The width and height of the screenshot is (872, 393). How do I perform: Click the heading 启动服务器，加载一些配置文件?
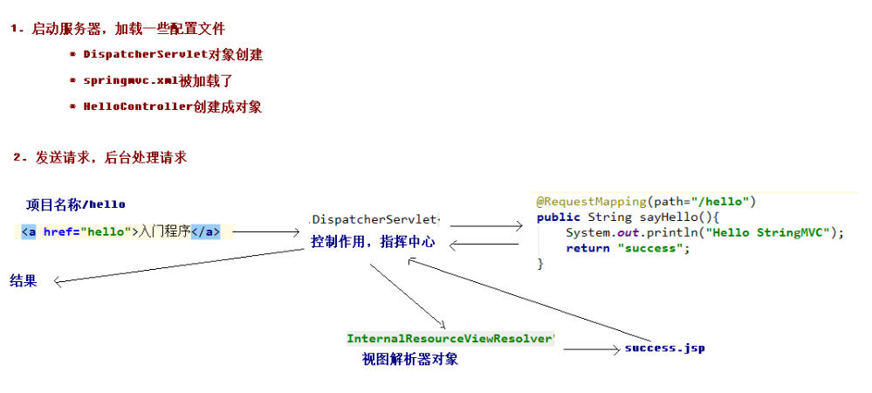click(131, 29)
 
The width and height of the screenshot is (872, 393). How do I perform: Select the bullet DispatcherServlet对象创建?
click(173, 54)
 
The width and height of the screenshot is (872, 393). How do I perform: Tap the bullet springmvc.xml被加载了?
click(157, 80)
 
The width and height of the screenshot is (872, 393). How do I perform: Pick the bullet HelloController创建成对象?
click(172, 107)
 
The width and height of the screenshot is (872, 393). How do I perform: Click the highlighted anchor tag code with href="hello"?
click(120, 231)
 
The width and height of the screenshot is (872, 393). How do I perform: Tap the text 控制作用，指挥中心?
click(373, 242)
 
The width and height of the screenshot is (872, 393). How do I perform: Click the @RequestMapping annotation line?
click(645, 201)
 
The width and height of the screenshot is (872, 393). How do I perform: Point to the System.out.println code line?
click(705, 232)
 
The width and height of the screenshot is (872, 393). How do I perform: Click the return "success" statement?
click(627, 248)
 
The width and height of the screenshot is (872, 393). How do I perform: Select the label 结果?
click(24, 280)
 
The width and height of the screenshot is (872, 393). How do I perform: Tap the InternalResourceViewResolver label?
click(450, 338)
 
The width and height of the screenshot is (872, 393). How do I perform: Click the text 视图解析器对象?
click(409, 359)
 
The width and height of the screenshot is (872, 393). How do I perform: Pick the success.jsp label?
click(664, 348)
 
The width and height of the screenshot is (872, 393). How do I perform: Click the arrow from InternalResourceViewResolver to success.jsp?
click(591, 349)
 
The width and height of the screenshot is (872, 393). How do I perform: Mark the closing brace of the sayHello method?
click(540, 264)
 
